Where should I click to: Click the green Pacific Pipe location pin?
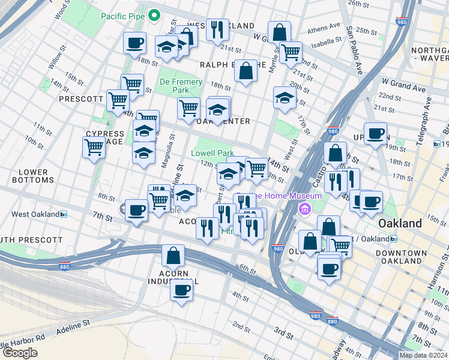point(154,14)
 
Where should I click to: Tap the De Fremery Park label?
point(174,86)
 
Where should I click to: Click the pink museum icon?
point(304,209)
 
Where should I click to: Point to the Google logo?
point(20,352)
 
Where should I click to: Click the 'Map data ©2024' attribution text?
point(423,355)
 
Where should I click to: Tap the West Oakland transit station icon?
point(63,214)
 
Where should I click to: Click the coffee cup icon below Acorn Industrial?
point(181,290)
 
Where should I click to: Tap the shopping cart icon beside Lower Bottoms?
point(94,146)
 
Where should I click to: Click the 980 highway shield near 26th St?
point(401,20)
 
